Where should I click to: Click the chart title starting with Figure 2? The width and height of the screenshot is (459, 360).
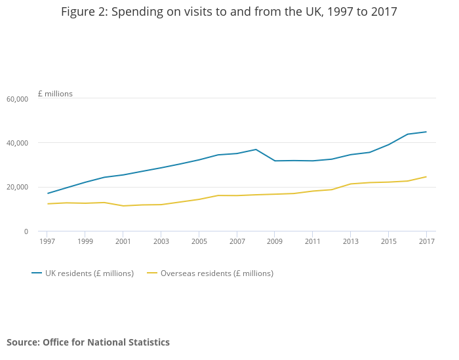coord(229,12)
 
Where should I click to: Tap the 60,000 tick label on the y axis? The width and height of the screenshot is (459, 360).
coord(17,99)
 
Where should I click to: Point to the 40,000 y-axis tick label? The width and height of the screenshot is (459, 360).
coord(17,143)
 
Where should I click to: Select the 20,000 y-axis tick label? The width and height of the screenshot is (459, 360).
coord(17,188)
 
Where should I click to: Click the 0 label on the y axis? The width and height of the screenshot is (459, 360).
coord(26,231)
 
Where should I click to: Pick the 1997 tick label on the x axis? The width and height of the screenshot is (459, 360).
coord(47,241)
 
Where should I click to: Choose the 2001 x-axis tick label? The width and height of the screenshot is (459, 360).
coord(123,241)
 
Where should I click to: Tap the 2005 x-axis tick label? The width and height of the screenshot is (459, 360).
coord(199,241)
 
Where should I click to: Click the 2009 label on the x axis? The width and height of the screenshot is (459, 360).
coord(275,241)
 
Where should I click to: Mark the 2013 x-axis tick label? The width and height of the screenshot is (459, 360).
coord(351,241)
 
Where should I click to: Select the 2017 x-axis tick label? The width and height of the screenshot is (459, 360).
coord(426,241)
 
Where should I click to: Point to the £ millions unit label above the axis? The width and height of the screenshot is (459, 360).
coord(55,94)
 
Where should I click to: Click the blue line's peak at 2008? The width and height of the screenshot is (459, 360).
coord(256,150)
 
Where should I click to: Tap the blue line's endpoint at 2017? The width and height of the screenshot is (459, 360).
coord(426,132)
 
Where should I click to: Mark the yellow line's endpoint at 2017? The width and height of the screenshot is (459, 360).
coord(426,176)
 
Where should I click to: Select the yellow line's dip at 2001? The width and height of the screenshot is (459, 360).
coord(123,206)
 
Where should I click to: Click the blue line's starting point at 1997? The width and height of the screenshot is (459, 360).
coord(47,193)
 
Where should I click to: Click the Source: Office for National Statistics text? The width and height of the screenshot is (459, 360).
coord(88,342)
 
